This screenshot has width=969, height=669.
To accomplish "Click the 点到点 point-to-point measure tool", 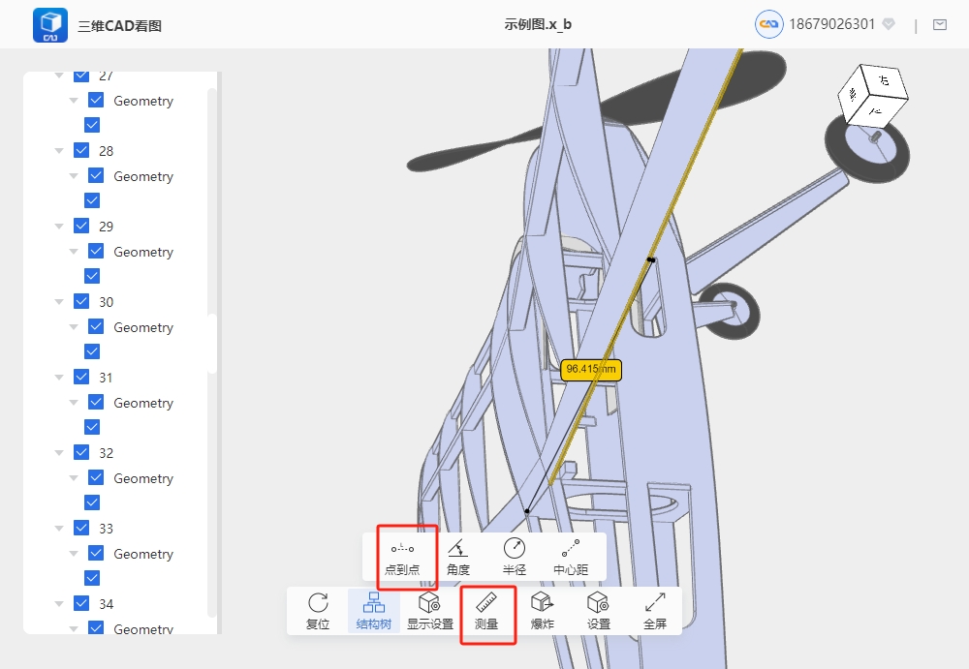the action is coord(402,558).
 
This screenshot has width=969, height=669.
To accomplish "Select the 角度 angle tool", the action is coord(458,558).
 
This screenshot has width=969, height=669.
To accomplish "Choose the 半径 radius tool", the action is coord(515,558).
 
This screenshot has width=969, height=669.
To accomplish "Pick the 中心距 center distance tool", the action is coord(571,558).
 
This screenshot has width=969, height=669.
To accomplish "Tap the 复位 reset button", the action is coord(318,611).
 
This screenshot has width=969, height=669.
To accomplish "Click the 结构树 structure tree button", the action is coord(374,611).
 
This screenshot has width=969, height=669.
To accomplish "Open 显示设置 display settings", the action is coord(430,611).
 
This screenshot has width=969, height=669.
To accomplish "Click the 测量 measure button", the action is coord(486,611).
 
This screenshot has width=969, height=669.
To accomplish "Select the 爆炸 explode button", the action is coord(542,611).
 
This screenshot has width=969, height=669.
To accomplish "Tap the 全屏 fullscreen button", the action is coord(655,611).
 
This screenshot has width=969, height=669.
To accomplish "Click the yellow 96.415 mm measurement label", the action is coord(591,370).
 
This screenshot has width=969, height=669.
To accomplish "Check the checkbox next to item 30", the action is coord(81,301).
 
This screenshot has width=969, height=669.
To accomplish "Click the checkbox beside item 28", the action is coord(81,150).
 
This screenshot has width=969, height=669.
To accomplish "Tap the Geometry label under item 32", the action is coord(143,478).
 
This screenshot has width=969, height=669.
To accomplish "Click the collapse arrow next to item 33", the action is coord(59,529).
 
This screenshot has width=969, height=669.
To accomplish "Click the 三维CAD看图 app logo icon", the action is coord(50,25).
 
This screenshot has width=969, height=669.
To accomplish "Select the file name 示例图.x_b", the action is coord(538,24).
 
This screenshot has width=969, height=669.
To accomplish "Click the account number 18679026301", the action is coord(831,24).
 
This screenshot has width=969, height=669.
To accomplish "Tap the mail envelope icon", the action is coord(940,25).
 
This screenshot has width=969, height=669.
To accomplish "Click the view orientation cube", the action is coord(873,94).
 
